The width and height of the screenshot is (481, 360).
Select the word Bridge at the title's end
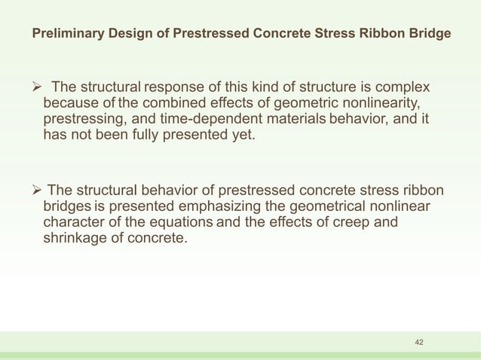click(432, 35)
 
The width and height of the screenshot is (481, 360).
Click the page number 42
click(420, 343)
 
